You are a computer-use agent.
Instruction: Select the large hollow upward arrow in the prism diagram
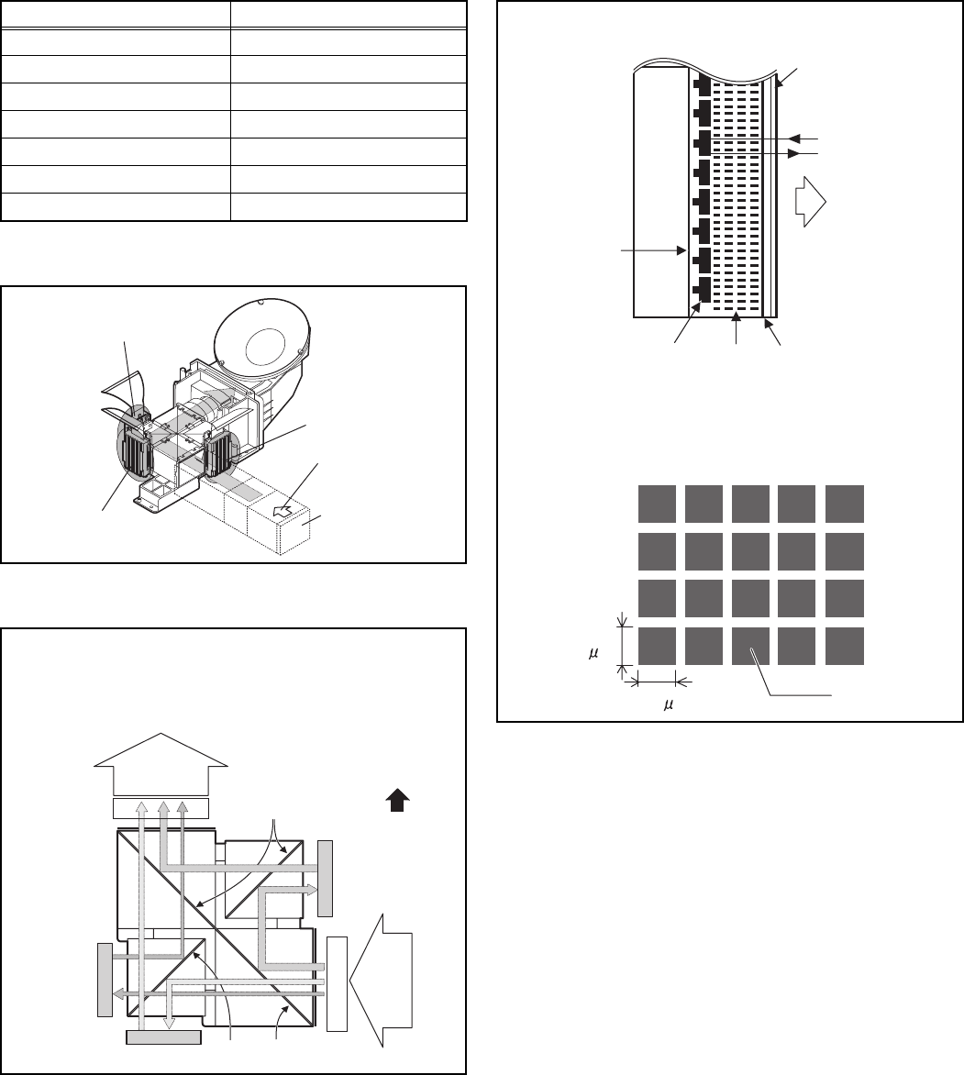tap(161, 764)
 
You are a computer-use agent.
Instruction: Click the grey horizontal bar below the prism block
tap(162, 1036)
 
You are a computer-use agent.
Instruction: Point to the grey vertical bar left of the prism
tap(104, 979)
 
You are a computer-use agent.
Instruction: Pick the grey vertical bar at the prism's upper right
tap(326, 877)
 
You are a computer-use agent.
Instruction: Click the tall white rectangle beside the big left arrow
tap(338, 984)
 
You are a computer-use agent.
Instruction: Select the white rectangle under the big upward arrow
tap(161, 808)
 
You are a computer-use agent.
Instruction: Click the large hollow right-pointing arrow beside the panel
tap(812, 200)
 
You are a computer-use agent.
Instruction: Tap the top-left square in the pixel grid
tap(657, 503)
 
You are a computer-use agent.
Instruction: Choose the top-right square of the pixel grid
tap(844, 503)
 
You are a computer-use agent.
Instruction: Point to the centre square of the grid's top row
tap(750, 503)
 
